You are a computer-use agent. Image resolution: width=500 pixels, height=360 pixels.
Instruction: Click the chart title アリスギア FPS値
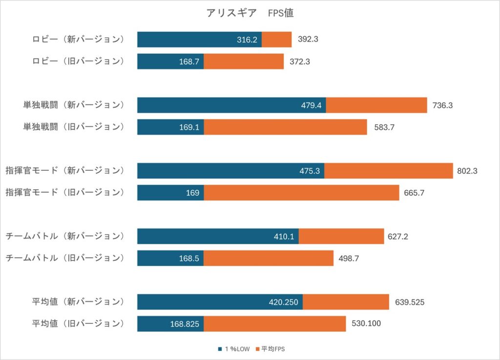250,13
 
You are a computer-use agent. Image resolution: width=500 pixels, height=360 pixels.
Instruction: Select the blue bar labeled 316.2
200,40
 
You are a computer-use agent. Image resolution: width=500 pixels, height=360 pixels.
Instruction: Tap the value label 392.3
308,39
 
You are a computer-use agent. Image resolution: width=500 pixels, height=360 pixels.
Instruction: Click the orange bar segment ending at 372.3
244,61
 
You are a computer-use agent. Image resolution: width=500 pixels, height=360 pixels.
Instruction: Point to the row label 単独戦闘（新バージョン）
74,105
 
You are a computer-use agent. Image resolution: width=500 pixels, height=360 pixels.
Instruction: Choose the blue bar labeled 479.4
232,105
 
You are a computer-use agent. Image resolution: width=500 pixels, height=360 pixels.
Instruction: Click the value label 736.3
442,105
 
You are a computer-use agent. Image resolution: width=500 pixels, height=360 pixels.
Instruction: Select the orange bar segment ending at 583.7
285,127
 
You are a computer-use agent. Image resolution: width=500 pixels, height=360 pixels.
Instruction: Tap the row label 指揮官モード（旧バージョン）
65,192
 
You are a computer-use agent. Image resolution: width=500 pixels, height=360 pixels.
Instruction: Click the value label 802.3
467,171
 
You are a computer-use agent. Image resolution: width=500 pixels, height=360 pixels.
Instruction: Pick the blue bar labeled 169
170,193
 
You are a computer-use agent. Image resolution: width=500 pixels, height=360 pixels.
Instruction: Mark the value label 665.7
414,193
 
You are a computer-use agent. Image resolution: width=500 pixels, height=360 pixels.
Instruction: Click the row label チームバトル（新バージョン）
65,236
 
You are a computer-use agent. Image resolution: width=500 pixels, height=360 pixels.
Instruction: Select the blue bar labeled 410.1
218,237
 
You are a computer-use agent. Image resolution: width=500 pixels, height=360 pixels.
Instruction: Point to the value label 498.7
349,258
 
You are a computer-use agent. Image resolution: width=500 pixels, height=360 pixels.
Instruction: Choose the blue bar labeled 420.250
220,302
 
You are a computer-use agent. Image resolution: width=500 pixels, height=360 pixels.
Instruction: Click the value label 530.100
366,323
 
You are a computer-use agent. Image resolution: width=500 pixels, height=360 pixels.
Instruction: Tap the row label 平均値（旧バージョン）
78,324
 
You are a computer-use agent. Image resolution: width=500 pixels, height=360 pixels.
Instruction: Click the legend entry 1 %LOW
234,349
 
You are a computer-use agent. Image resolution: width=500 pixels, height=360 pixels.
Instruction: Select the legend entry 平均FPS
270,349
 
